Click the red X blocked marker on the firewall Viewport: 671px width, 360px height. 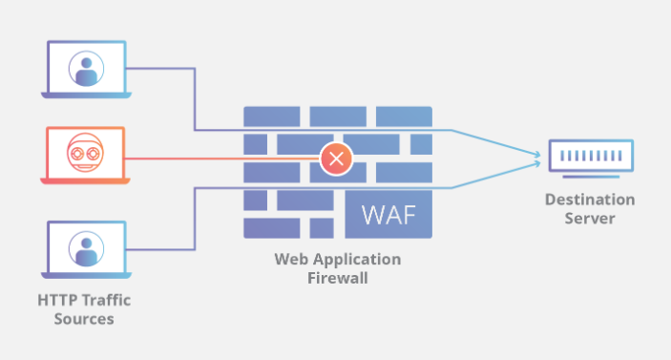click(335, 158)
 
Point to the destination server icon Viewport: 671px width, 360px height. click(589, 157)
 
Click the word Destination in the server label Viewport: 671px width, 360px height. click(589, 200)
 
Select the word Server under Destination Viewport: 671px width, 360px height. click(589, 219)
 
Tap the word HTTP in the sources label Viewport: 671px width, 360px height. click(57, 300)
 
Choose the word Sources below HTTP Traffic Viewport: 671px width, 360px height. click(84, 319)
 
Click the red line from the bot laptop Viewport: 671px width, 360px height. click(220, 158)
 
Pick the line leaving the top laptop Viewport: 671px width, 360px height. click(162, 68)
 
